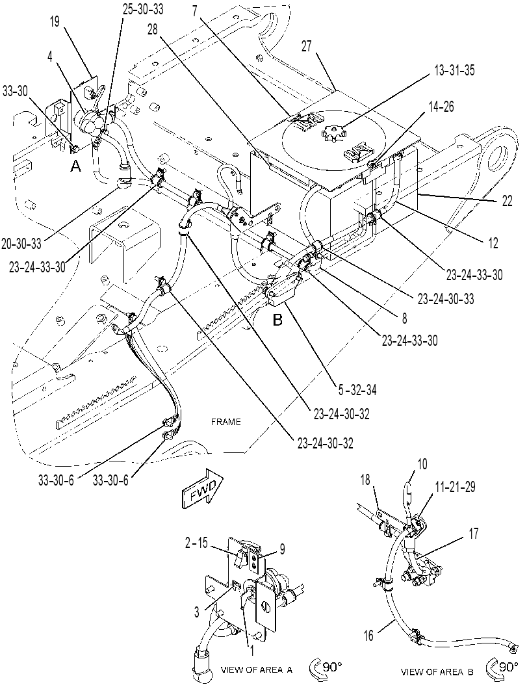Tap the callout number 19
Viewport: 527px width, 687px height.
(x=55, y=21)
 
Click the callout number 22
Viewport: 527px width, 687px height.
(x=506, y=201)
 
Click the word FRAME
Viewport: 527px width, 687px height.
(x=225, y=422)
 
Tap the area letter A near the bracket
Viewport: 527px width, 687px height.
(x=76, y=166)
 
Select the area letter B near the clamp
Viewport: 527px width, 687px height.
(x=277, y=320)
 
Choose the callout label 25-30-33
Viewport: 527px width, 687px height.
(x=143, y=9)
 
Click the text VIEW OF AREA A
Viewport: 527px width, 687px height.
(x=256, y=669)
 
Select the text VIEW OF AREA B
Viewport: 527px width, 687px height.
(x=437, y=671)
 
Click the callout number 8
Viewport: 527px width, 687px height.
(x=404, y=318)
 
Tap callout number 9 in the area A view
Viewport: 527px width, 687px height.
(x=282, y=549)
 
